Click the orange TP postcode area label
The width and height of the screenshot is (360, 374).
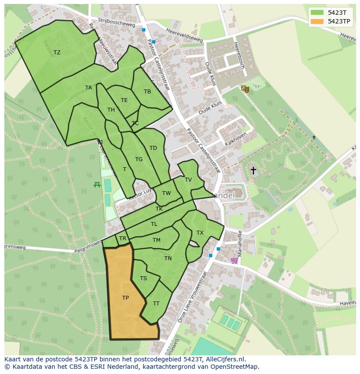125,298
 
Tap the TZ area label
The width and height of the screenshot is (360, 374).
57,53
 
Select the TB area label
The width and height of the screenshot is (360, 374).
147,92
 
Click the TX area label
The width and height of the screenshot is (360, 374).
200,233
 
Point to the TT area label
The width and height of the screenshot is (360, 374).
156,304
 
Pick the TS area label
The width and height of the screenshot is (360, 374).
143,278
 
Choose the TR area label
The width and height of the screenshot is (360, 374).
123,238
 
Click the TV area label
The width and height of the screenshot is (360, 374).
188,180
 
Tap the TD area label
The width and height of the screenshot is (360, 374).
153,148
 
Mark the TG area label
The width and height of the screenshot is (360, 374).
139,159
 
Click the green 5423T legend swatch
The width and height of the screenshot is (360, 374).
317,12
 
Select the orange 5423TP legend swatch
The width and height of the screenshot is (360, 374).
317,21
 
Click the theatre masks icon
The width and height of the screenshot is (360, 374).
245,89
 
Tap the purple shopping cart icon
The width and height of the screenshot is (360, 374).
234,261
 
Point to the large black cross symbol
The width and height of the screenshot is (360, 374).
253,170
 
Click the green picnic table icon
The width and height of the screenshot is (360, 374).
97,185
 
